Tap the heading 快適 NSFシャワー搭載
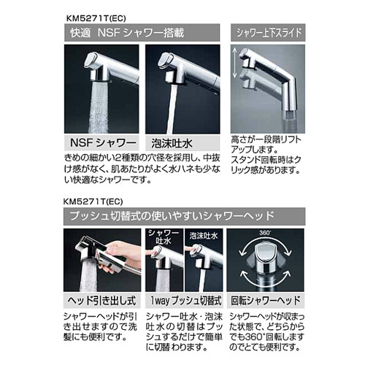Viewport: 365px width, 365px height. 131,32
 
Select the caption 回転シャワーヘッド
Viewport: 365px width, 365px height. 264,299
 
